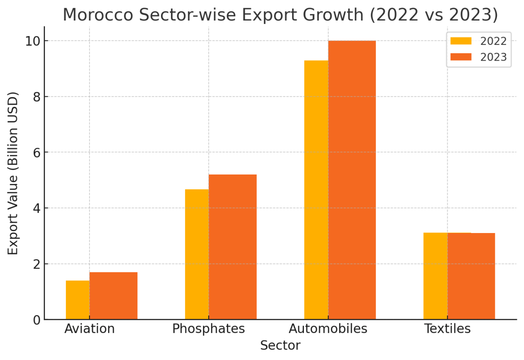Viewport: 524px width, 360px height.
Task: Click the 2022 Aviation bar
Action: [78, 300]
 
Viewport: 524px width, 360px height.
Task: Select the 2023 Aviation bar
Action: [114, 296]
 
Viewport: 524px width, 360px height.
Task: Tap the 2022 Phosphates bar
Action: [197, 254]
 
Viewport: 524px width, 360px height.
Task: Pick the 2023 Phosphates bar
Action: [233, 247]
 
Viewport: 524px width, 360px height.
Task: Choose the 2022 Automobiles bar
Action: [316, 190]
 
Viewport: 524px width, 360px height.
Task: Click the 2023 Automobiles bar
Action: [352, 180]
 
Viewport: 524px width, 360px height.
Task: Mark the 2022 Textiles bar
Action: [435, 276]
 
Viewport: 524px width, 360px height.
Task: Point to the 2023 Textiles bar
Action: [471, 276]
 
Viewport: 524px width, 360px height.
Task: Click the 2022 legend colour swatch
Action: [461, 41]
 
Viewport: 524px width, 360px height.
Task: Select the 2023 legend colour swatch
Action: [461, 57]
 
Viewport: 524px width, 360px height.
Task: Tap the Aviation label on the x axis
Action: [90, 329]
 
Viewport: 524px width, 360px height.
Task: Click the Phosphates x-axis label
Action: [209, 329]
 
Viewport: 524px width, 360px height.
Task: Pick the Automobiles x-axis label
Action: [328, 329]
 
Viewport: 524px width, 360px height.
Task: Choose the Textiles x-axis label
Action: [448, 329]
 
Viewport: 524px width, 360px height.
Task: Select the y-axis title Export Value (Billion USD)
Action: [13, 173]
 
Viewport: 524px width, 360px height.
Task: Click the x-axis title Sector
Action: [280, 346]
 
